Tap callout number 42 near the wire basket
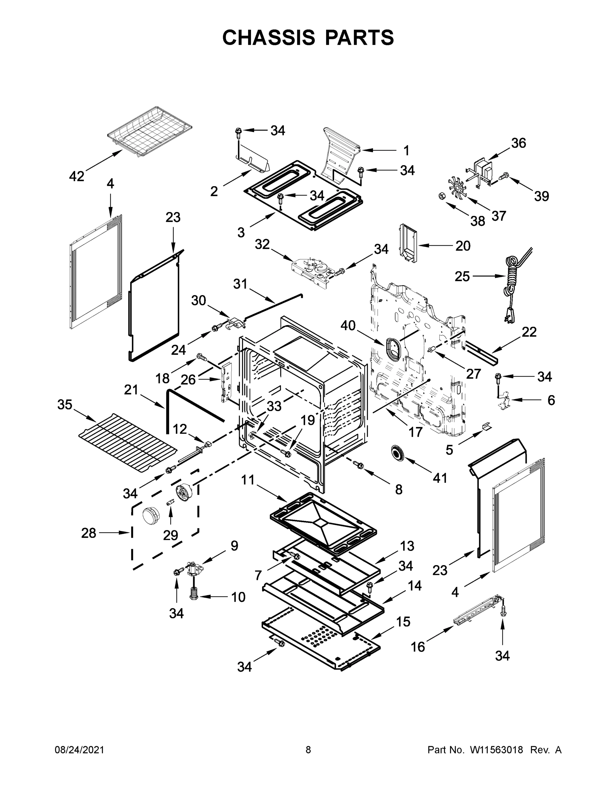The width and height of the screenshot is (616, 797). click(77, 176)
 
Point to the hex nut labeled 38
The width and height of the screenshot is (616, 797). click(441, 196)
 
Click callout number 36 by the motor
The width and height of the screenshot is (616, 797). click(518, 143)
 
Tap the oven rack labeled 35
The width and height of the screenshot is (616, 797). click(128, 442)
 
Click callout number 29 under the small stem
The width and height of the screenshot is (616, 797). click(170, 535)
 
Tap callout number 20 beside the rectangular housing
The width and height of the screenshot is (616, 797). click(463, 246)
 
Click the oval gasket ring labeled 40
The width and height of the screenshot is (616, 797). click(394, 347)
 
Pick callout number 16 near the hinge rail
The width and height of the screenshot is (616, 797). click(418, 647)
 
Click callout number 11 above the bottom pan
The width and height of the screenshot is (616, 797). click(248, 480)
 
